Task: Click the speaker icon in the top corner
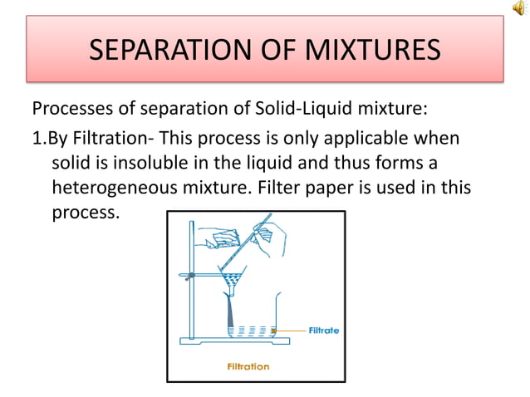(x=519, y=8)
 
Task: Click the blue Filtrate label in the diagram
(x=325, y=330)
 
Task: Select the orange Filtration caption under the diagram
(x=248, y=365)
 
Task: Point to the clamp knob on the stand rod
(x=192, y=274)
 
